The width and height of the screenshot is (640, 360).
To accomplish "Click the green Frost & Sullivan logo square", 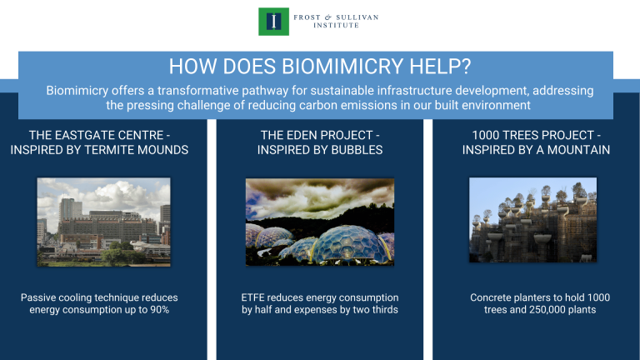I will pos(273,21).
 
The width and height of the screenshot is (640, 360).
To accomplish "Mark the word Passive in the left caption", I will pos(39,297).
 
